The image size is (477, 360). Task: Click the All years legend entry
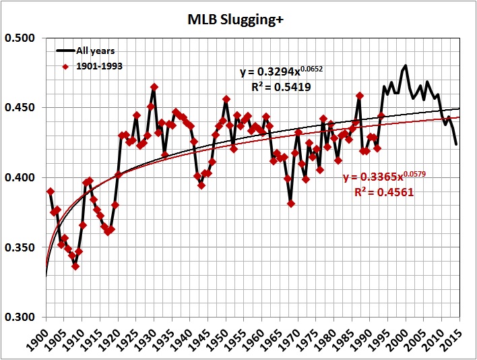click(94, 51)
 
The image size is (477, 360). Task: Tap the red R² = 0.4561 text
click(382, 192)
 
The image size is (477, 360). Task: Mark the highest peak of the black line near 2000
click(405, 65)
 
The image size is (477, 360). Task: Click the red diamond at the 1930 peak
click(154, 87)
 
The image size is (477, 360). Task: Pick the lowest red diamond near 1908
click(75, 266)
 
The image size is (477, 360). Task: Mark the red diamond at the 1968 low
click(291, 204)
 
